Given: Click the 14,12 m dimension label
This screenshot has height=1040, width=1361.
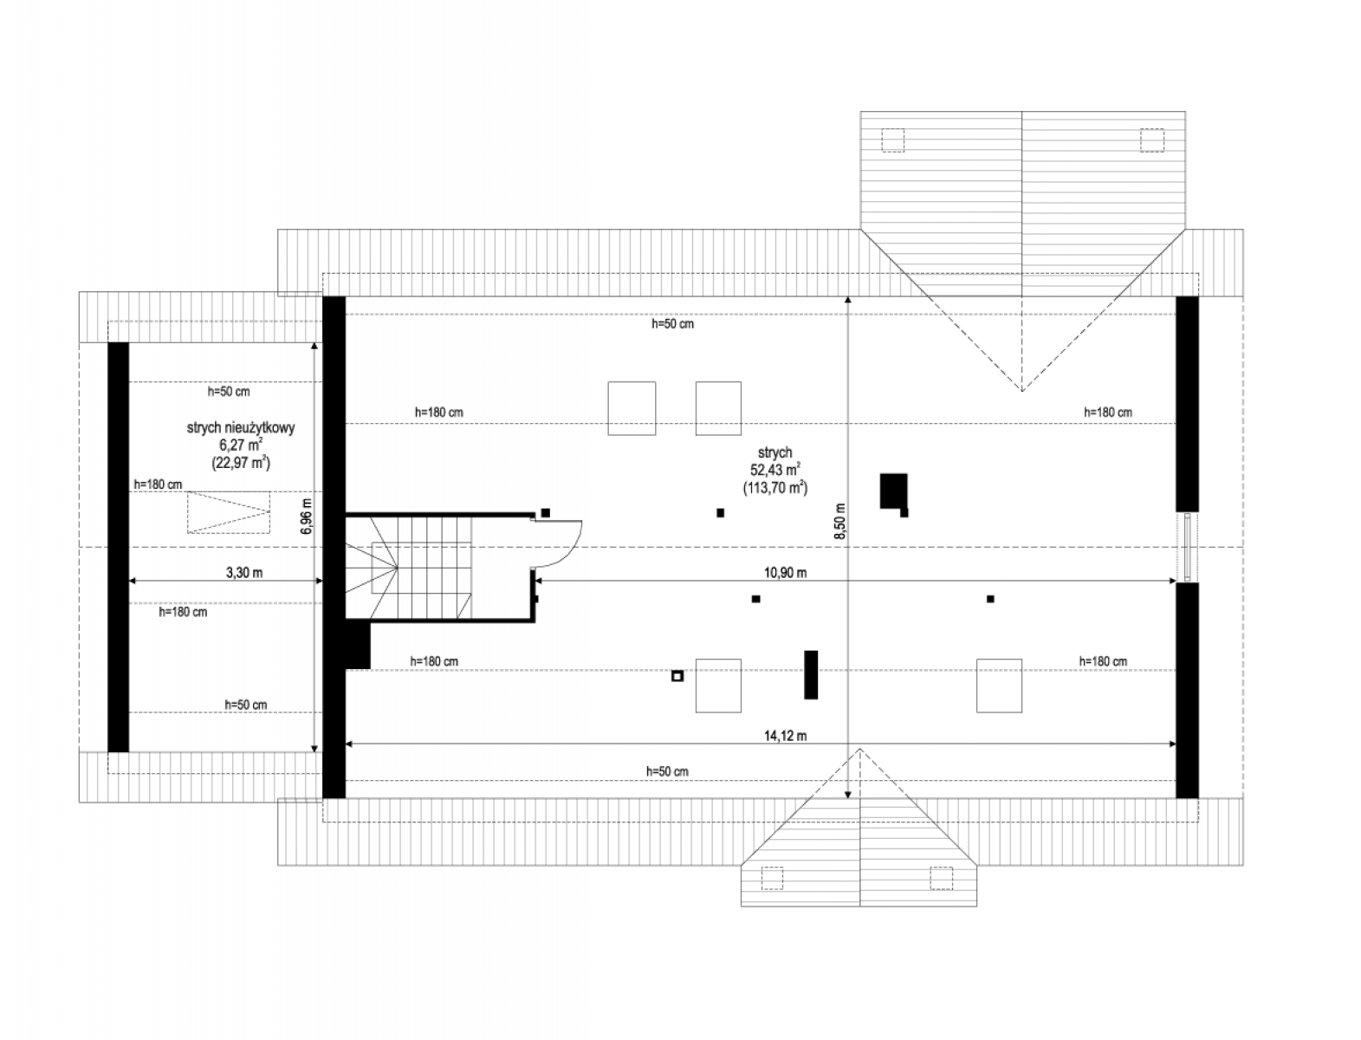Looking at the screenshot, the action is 784,736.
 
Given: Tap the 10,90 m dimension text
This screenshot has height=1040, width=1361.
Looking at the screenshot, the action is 784,572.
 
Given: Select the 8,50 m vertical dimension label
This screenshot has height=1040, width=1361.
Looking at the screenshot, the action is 840,521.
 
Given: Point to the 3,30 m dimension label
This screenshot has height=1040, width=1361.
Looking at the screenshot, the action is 243,572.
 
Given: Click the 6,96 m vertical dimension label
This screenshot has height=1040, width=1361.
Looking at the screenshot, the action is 307,516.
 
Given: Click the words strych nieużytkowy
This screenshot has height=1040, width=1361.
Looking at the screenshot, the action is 241,428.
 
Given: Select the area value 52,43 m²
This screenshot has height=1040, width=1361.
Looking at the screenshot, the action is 774,470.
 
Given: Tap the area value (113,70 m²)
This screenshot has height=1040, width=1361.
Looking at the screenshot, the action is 775,487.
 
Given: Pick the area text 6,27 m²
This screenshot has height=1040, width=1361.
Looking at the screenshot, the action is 241,445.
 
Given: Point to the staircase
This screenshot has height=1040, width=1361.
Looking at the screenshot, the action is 409,568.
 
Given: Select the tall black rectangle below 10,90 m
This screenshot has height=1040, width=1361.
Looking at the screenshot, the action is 810,675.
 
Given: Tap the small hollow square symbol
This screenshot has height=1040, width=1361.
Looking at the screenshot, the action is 677,676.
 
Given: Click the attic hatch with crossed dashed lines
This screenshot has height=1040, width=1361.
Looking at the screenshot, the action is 229,512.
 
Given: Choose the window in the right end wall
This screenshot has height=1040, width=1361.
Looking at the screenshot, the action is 1187,547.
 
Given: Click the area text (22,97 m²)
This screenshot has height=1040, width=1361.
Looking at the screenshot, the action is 241,463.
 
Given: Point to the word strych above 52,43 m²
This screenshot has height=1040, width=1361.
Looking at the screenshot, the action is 774,452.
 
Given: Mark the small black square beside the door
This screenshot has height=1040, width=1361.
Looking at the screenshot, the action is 545,513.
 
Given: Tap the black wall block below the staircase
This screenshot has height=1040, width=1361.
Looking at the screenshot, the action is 358,646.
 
